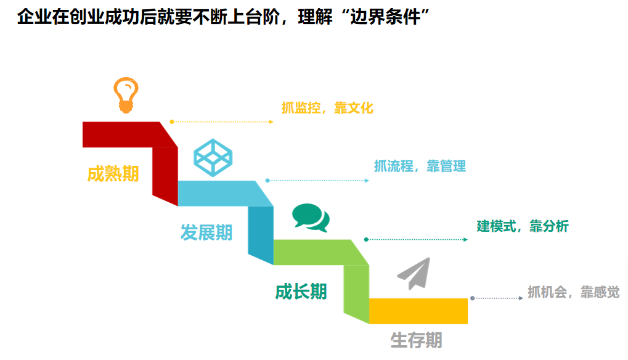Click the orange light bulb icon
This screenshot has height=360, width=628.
tap(126, 96)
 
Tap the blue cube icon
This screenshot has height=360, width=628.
tap(213, 157)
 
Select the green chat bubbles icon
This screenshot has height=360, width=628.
tap(311, 218)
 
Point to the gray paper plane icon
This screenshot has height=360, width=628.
tap(414, 274)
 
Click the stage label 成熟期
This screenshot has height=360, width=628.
tap(113, 174)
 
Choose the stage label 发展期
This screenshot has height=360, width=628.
tap(206, 232)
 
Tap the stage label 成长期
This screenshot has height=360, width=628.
tap(301, 292)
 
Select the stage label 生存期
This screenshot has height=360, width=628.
tap(416, 340)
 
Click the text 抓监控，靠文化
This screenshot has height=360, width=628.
tap(327, 108)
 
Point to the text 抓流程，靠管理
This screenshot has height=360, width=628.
tap(420, 166)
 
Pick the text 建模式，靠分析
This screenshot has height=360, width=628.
tap(523, 226)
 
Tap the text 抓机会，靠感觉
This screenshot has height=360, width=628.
tap(574, 292)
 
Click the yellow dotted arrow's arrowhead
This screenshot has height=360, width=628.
tap(271, 121)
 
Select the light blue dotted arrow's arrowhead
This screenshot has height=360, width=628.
tap(367, 181)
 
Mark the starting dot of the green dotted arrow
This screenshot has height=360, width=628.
tap(366, 239)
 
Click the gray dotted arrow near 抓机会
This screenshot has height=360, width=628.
tap(497, 298)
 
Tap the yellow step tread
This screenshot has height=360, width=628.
tap(418, 311)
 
